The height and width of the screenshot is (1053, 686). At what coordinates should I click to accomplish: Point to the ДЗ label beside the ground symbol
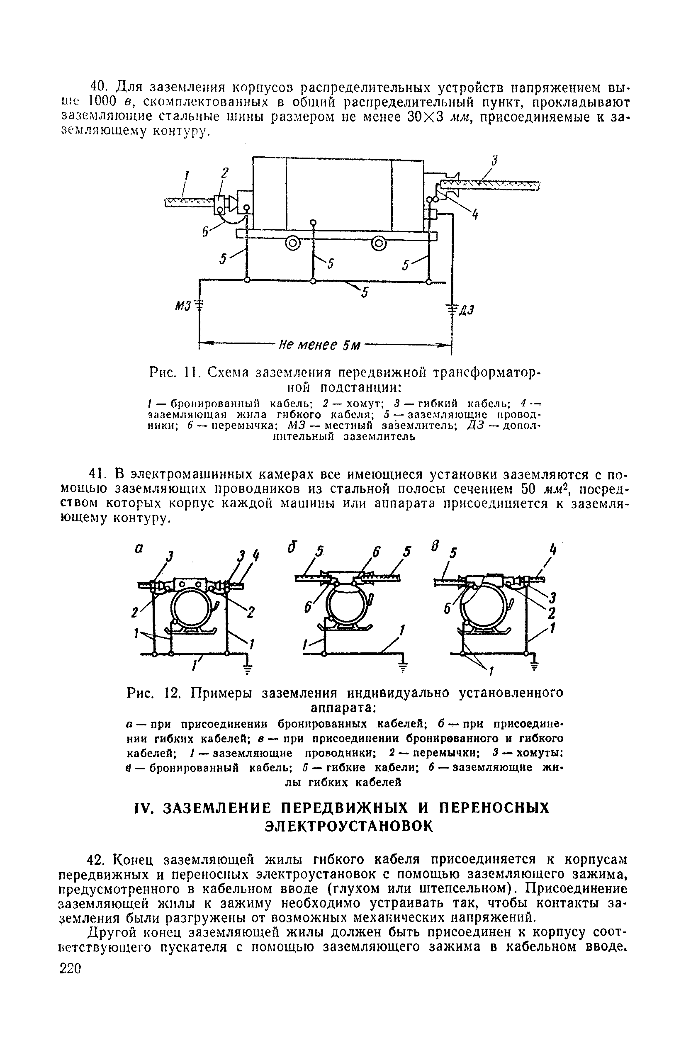click(x=466, y=310)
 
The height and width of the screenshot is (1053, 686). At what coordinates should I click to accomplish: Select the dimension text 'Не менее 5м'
click(x=319, y=345)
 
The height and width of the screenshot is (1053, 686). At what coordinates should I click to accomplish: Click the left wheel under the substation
click(x=292, y=243)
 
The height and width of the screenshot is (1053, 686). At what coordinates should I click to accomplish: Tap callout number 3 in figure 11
click(x=495, y=161)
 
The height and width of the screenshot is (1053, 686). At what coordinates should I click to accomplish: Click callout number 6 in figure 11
click(x=205, y=231)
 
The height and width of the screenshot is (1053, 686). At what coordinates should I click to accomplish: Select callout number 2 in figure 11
click(x=225, y=173)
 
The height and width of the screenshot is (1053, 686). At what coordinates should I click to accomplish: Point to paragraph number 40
click(x=97, y=86)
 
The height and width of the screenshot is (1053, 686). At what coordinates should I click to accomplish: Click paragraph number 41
click(x=97, y=474)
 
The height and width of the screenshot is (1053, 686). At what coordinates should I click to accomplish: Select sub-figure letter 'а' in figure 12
click(x=139, y=549)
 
